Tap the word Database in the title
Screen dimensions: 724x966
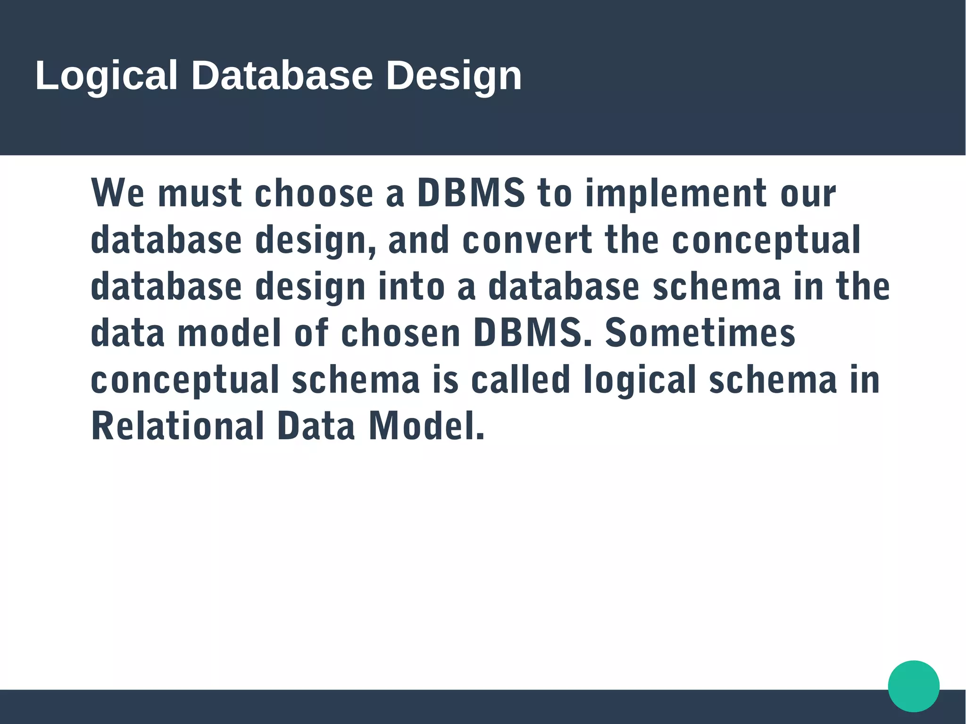282,75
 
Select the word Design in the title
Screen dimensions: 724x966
454,75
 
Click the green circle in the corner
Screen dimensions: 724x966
914,686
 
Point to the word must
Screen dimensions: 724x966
200,193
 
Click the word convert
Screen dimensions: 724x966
527,240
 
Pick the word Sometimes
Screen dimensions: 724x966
700,333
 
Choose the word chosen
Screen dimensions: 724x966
400,333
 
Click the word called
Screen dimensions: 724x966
521,379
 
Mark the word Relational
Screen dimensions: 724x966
177,426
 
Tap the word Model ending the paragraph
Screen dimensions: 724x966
426,426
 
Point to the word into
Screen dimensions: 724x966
411,286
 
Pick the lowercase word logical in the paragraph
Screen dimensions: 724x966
640,380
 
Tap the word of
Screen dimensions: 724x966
311,333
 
